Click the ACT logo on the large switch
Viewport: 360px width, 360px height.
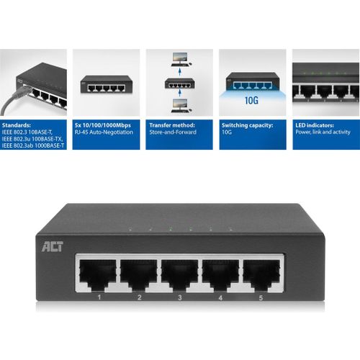[53, 247]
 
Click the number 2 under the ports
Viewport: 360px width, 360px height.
[140, 297]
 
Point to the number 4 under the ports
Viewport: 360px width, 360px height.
[220, 297]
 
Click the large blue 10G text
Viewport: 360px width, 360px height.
[251, 100]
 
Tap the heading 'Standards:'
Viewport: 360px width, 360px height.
[17, 125]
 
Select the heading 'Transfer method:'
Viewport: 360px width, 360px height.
[172, 125]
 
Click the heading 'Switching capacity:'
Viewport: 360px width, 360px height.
[247, 125]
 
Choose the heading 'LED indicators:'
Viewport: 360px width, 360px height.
[315, 125]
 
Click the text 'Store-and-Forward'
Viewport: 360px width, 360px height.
[173, 132]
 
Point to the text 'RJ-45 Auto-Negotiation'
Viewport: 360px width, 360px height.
[104, 132]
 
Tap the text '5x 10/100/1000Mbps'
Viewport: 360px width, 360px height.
[103, 125]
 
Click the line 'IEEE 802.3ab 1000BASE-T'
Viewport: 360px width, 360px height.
[33, 145]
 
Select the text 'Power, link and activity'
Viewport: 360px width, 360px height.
[323, 132]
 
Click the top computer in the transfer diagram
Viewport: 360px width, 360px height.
[181, 60]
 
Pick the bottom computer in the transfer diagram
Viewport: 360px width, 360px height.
[181, 106]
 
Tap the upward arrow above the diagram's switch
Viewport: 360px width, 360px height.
[179, 72]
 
